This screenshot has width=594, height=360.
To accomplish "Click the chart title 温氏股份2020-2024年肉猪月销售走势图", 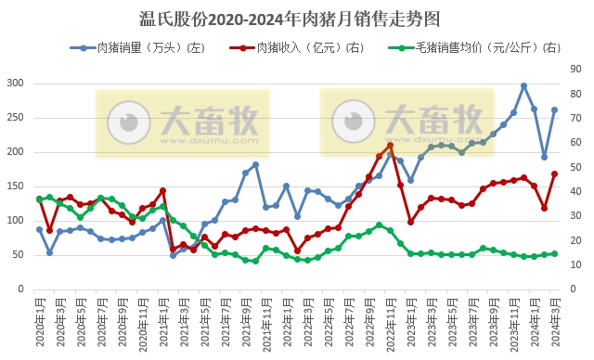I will point(296,18).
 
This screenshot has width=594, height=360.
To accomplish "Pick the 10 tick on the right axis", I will point(576,265).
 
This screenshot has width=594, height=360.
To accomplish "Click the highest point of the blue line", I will point(523,85).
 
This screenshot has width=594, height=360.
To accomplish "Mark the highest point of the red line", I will point(390,145).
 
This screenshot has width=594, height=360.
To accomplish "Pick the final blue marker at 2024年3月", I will point(554,109).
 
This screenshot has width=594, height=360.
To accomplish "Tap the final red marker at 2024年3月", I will point(554,174).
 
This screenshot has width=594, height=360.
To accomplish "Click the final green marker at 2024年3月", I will point(554,253).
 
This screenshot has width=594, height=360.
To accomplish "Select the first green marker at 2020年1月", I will point(40,199).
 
